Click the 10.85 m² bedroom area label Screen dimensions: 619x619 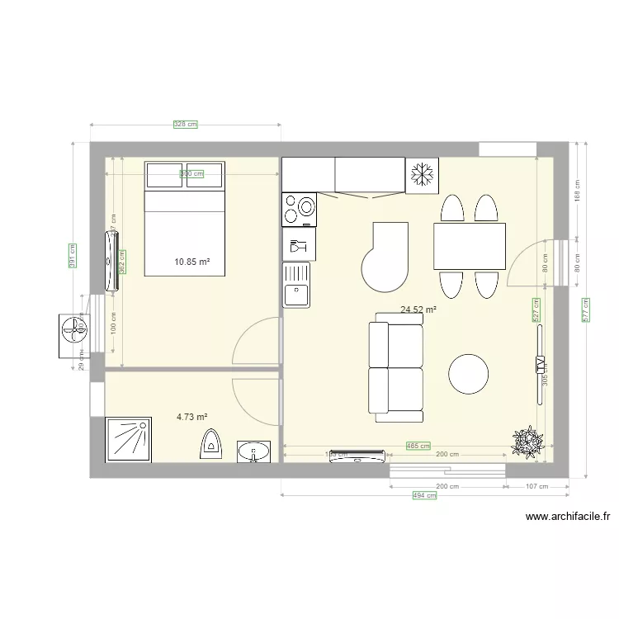click(x=191, y=262)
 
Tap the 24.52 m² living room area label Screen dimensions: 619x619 click(x=418, y=310)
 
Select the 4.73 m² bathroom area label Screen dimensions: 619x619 click(x=191, y=418)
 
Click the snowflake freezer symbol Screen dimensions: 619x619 click(x=423, y=175)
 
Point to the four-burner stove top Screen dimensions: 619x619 click(x=299, y=209)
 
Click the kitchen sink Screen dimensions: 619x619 click(x=296, y=285)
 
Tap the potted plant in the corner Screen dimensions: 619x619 click(x=526, y=442)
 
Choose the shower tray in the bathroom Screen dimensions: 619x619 click(x=128, y=440)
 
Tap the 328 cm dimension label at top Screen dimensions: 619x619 click(x=185, y=125)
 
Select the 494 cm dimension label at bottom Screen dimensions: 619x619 click(x=424, y=495)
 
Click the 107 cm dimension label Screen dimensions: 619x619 click(x=536, y=487)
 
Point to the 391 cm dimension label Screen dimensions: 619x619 click(x=73, y=256)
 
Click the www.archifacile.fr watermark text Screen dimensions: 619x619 click(x=567, y=517)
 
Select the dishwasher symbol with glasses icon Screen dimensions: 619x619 click(x=298, y=244)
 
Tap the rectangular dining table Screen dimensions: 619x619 click(x=469, y=246)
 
